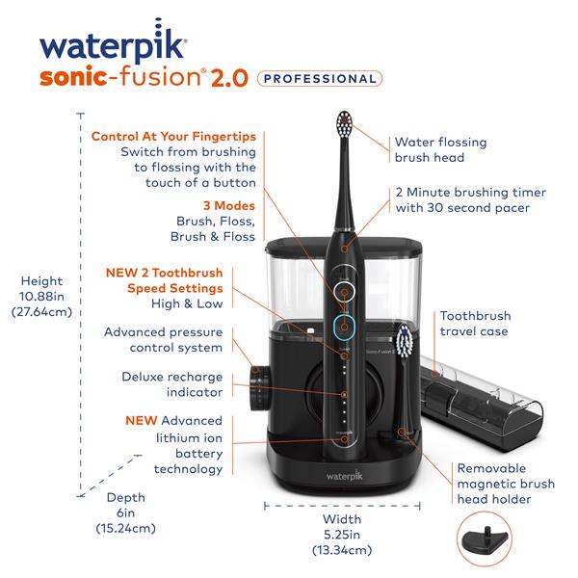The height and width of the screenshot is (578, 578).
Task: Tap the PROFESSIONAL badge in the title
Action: click(x=321, y=78)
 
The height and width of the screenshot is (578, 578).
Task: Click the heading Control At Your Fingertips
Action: click(x=173, y=136)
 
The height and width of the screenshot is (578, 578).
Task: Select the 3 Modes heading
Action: click(x=228, y=205)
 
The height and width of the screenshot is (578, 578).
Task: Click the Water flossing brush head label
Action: click(x=440, y=149)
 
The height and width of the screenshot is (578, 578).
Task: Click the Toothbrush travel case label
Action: click(x=475, y=324)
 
